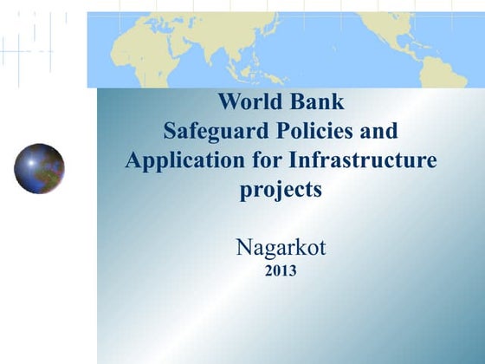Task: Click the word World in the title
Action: [x=248, y=101]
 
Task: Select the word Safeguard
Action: [x=211, y=131]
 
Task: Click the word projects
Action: [x=281, y=190]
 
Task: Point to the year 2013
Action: [x=281, y=270]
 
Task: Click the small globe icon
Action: [x=39, y=168]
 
